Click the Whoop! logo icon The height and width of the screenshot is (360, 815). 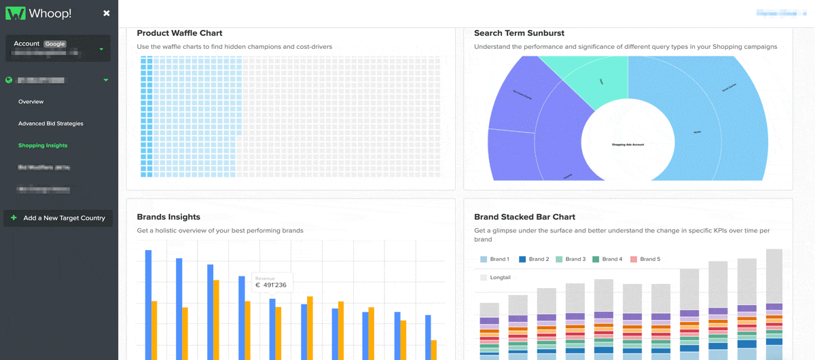tap(16, 13)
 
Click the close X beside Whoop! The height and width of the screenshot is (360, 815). tap(106, 13)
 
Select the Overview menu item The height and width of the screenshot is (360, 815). tap(31, 102)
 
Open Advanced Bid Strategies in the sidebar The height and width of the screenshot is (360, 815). tap(51, 124)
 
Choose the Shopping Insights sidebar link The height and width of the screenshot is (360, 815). tap(43, 145)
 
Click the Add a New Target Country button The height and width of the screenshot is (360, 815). tap(58, 218)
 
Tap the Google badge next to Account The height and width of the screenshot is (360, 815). tap(55, 43)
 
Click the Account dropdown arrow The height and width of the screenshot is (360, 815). tap(101, 49)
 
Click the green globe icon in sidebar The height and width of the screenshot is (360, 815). tap(9, 80)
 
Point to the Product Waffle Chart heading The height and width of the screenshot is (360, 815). tap(179, 33)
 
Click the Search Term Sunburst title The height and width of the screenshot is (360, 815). tap(519, 33)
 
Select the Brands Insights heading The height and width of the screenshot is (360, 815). tap(168, 217)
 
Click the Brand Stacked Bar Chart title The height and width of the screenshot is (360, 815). tap(524, 217)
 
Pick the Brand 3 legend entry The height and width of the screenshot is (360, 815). tap(570, 259)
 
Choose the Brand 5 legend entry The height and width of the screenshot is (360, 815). tap(645, 259)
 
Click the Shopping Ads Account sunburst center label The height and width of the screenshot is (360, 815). tap(628, 145)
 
